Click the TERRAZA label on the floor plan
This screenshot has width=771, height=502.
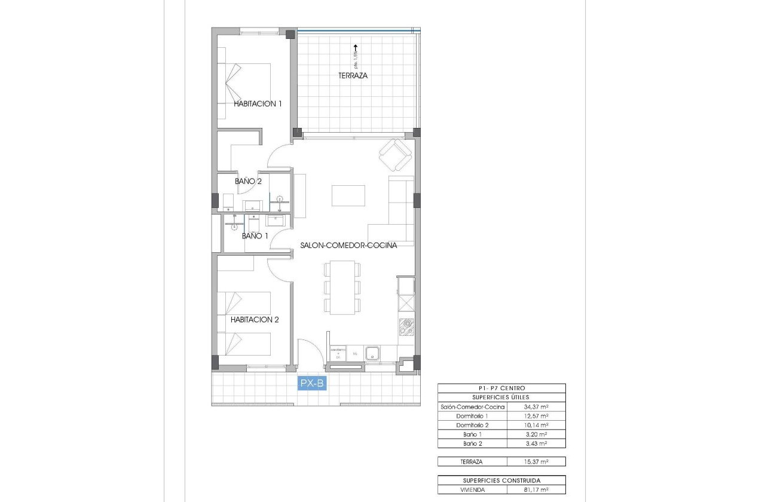click(353, 76)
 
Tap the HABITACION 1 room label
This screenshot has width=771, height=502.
click(258, 103)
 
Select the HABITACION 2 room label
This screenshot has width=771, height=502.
click(255, 320)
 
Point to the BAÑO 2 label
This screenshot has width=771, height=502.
click(248, 181)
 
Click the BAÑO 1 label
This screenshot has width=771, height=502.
click(255, 236)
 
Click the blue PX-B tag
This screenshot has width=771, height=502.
click(312, 384)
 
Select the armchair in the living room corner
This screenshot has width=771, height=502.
click(395, 154)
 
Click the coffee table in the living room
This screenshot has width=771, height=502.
click(348, 195)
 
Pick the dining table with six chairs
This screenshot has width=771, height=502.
click(342, 287)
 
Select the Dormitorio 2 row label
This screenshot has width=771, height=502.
click(472, 426)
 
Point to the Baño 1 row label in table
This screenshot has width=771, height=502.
click(472, 434)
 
